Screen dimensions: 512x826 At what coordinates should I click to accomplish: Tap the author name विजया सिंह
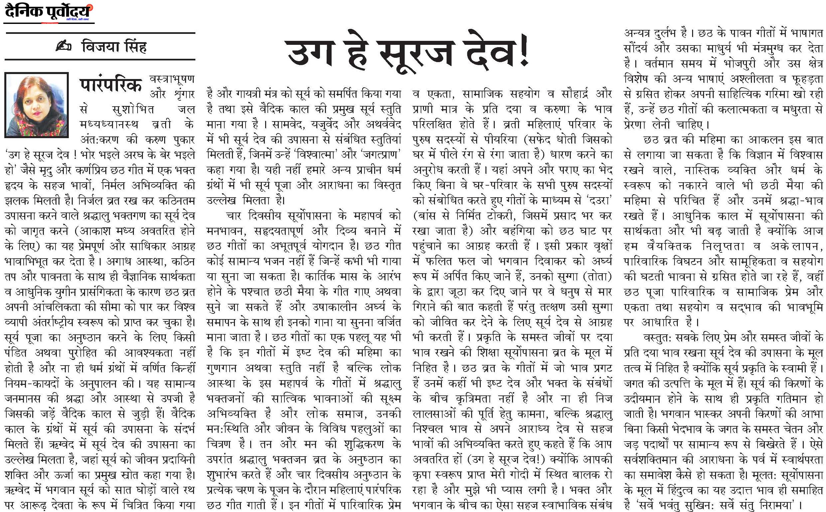(x=114, y=46)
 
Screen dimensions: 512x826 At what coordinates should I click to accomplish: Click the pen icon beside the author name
(x=64, y=46)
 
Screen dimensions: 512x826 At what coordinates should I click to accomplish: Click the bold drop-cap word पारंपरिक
(x=110, y=85)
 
